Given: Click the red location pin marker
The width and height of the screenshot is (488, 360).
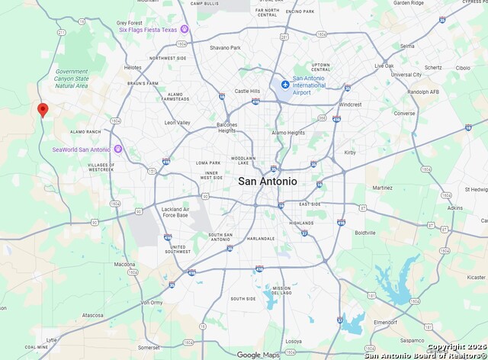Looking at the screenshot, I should coord(43,110).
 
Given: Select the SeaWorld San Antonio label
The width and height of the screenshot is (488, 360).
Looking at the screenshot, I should coord(82,149).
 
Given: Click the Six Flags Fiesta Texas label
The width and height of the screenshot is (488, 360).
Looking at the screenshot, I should coord(147,30).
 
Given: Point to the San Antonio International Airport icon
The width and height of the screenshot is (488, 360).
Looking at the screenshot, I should coord(285,84).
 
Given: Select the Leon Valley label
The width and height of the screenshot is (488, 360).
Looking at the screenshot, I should coord(177,122).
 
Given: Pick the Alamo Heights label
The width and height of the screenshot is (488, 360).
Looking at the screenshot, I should coord(287,132).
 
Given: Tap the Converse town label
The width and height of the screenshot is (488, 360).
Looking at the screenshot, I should coord(404,114).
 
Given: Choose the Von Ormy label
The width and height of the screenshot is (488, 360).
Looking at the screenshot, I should coord(152,302).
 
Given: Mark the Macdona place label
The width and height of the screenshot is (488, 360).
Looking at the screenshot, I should coord(125,264).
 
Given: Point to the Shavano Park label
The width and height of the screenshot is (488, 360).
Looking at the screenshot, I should coord(225,47).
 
